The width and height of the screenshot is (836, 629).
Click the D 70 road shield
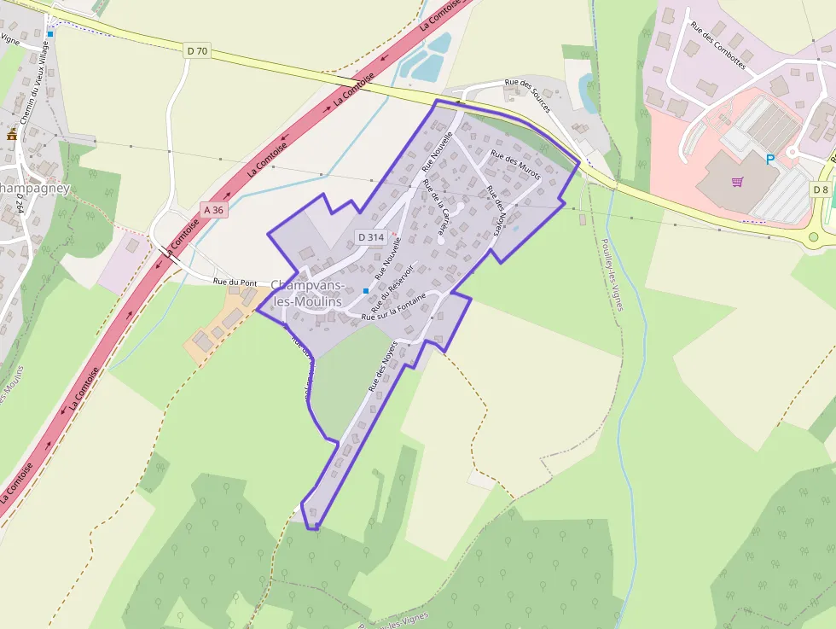coord(196,51)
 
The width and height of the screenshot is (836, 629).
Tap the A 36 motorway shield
coord(215,209)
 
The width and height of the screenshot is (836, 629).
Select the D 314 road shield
coord(372,236)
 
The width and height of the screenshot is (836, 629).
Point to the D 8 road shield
coord(821,189)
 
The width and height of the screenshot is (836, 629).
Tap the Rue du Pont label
coord(235,282)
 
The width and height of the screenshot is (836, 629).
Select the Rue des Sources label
coord(527,95)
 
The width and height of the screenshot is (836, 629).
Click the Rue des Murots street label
coord(515,166)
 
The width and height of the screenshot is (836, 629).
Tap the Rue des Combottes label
coord(718,45)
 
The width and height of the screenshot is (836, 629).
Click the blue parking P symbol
coord(769,159)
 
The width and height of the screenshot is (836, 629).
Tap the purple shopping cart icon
coord(737,182)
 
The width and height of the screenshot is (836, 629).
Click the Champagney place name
coord(34,188)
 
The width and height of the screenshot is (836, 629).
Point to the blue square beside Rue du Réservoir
coord(366,291)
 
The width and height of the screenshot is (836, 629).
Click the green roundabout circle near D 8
coord(813,237)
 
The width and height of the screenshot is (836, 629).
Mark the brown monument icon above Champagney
coord(12,135)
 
